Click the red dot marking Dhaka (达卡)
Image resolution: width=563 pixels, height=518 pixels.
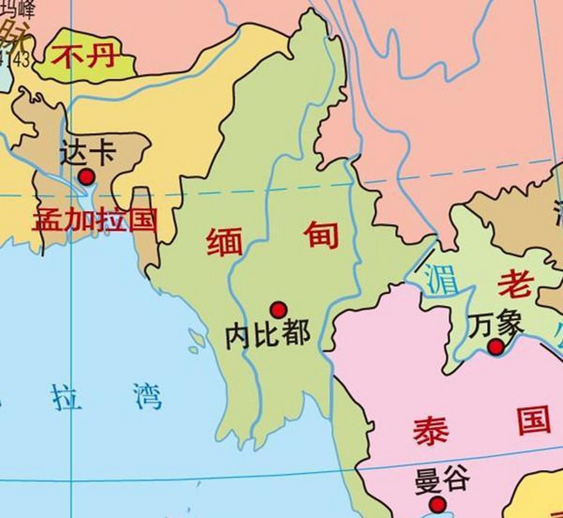coord(86,177)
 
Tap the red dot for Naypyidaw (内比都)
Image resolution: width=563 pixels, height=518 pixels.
coord(278,310)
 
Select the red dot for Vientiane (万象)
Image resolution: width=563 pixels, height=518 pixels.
coord(495,347)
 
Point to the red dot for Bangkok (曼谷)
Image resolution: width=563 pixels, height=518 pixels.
coord(437,504)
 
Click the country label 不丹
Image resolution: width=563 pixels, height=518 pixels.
coord(84,57)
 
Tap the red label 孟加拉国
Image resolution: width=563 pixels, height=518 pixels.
coord(95,220)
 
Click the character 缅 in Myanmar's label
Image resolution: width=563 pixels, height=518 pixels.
coord(224,242)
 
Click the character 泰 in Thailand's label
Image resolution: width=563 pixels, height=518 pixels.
coord(431,431)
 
